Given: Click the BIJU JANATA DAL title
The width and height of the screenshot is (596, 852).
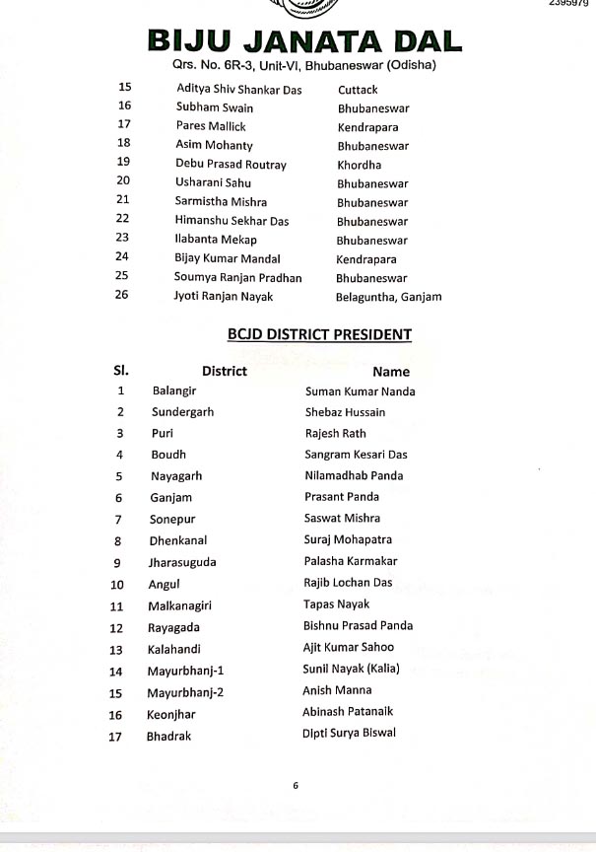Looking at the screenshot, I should pyautogui.click(x=304, y=41).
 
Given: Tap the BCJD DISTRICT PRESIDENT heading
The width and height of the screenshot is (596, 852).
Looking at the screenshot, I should pyautogui.click(x=319, y=334).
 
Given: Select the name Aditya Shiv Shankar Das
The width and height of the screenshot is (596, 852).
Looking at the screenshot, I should pyautogui.click(x=238, y=90).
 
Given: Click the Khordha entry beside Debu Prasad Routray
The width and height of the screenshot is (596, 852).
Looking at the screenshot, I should pyautogui.click(x=359, y=165).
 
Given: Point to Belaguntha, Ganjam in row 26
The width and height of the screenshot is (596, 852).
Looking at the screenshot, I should pyautogui.click(x=388, y=296).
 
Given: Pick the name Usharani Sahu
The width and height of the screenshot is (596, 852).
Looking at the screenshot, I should pyautogui.click(x=213, y=183).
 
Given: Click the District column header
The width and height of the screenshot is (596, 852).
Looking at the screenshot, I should pyautogui.click(x=224, y=372).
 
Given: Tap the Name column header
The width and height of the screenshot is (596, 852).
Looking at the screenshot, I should pyautogui.click(x=390, y=372).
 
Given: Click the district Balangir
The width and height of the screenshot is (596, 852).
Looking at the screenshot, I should pyautogui.click(x=174, y=390).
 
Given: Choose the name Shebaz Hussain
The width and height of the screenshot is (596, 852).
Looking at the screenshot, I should pyautogui.click(x=345, y=412).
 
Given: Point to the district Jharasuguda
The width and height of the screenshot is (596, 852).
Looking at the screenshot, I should pyautogui.click(x=182, y=562).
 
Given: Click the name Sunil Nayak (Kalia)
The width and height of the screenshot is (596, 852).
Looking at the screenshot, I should pyautogui.click(x=351, y=670).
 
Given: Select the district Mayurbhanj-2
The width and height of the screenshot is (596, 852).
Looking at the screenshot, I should pyautogui.click(x=186, y=692).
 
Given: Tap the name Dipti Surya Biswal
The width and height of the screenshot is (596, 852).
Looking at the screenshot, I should pyautogui.click(x=350, y=734).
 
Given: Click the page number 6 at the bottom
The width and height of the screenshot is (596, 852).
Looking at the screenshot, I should pyautogui.click(x=295, y=786).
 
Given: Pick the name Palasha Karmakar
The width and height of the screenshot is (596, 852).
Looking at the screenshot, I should pyautogui.click(x=351, y=561).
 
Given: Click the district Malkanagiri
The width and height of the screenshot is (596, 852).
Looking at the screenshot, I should pyautogui.click(x=185, y=604).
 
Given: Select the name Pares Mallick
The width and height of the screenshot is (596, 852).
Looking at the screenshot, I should pyautogui.click(x=211, y=126).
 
